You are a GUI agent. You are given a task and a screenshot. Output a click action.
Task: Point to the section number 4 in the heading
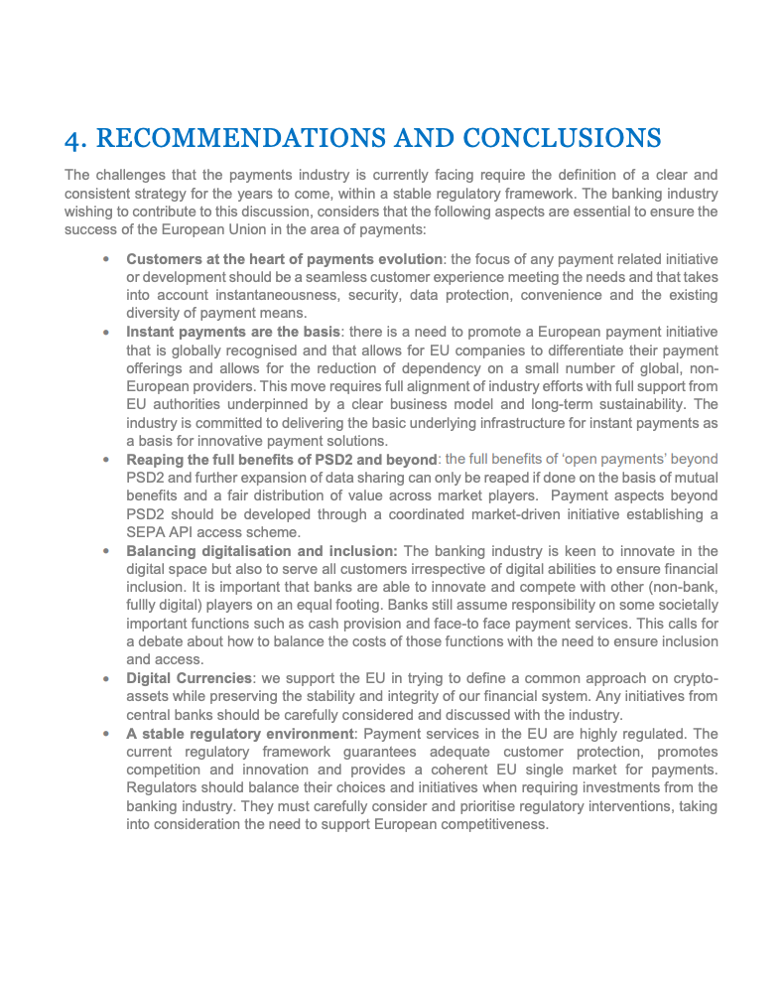tap(73, 137)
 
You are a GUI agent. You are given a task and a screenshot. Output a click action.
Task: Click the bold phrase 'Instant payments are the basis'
tap(233, 332)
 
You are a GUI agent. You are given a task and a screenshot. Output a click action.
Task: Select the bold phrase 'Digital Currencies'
tap(188, 678)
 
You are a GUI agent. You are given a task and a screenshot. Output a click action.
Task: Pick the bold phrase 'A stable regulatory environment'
tap(239, 734)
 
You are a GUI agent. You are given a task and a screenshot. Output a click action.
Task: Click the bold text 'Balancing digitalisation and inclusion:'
tap(262, 551)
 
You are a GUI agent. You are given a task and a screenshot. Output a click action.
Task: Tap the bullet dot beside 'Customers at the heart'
tap(106, 259)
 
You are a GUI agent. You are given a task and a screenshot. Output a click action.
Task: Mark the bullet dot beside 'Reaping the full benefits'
tap(106, 460)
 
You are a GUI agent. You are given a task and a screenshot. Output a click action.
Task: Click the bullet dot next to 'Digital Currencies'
tap(106, 679)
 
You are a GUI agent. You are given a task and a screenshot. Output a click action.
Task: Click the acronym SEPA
tap(144, 532)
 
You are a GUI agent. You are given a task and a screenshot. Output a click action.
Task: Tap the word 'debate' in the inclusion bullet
tap(162, 642)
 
